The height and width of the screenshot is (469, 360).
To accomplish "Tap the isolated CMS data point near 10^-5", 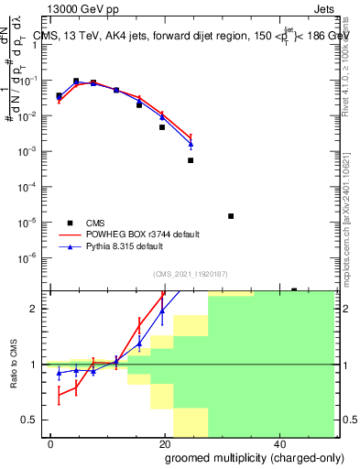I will pos(231,216).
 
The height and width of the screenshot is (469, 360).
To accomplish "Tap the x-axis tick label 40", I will pos(282,443).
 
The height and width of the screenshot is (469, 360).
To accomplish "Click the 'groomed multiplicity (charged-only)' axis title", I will pos(241,457).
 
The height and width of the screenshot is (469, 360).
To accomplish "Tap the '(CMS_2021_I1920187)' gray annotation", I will pos(190,272).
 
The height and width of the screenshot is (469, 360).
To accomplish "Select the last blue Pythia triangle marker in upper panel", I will pos(191,145).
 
